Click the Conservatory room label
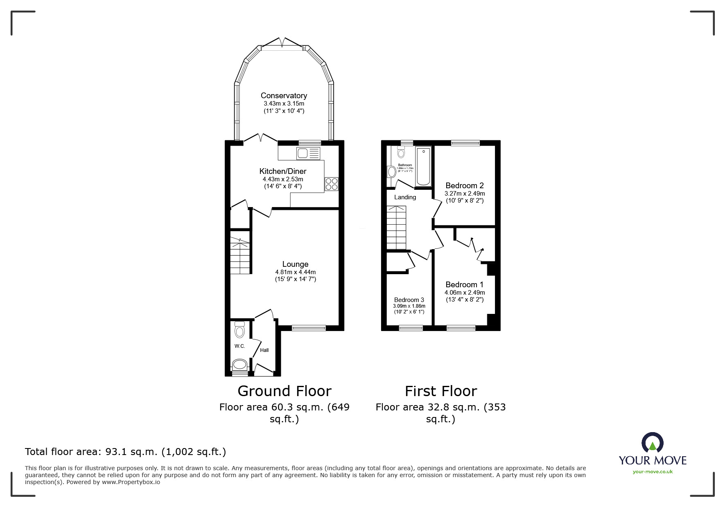click(x=284, y=95)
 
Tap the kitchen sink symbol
click(x=308, y=154)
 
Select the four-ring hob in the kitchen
click(x=331, y=184)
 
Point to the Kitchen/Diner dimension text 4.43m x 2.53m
click(x=283, y=179)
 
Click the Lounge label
click(x=295, y=264)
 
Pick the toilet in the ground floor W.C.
click(x=239, y=329)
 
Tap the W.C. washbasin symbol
click(x=240, y=364)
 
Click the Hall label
click(x=264, y=350)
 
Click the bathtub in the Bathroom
click(x=423, y=167)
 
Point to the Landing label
click(x=405, y=197)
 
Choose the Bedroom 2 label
click(x=465, y=185)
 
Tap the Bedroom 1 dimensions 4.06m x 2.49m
click(x=465, y=293)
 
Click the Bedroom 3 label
click(x=409, y=300)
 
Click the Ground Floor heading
click(x=284, y=391)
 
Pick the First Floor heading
click(x=441, y=391)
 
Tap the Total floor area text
click(x=125, y=452)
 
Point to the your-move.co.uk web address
click(x=653, y=472)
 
